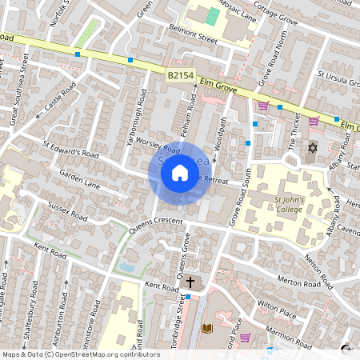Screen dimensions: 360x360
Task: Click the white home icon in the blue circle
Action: click(x=180, y=173)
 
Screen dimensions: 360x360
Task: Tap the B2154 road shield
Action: click(x=181, y=74)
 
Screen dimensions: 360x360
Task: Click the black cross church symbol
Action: click(x=190, y=282)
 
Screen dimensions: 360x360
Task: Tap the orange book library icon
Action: click(x=207, y=328)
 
